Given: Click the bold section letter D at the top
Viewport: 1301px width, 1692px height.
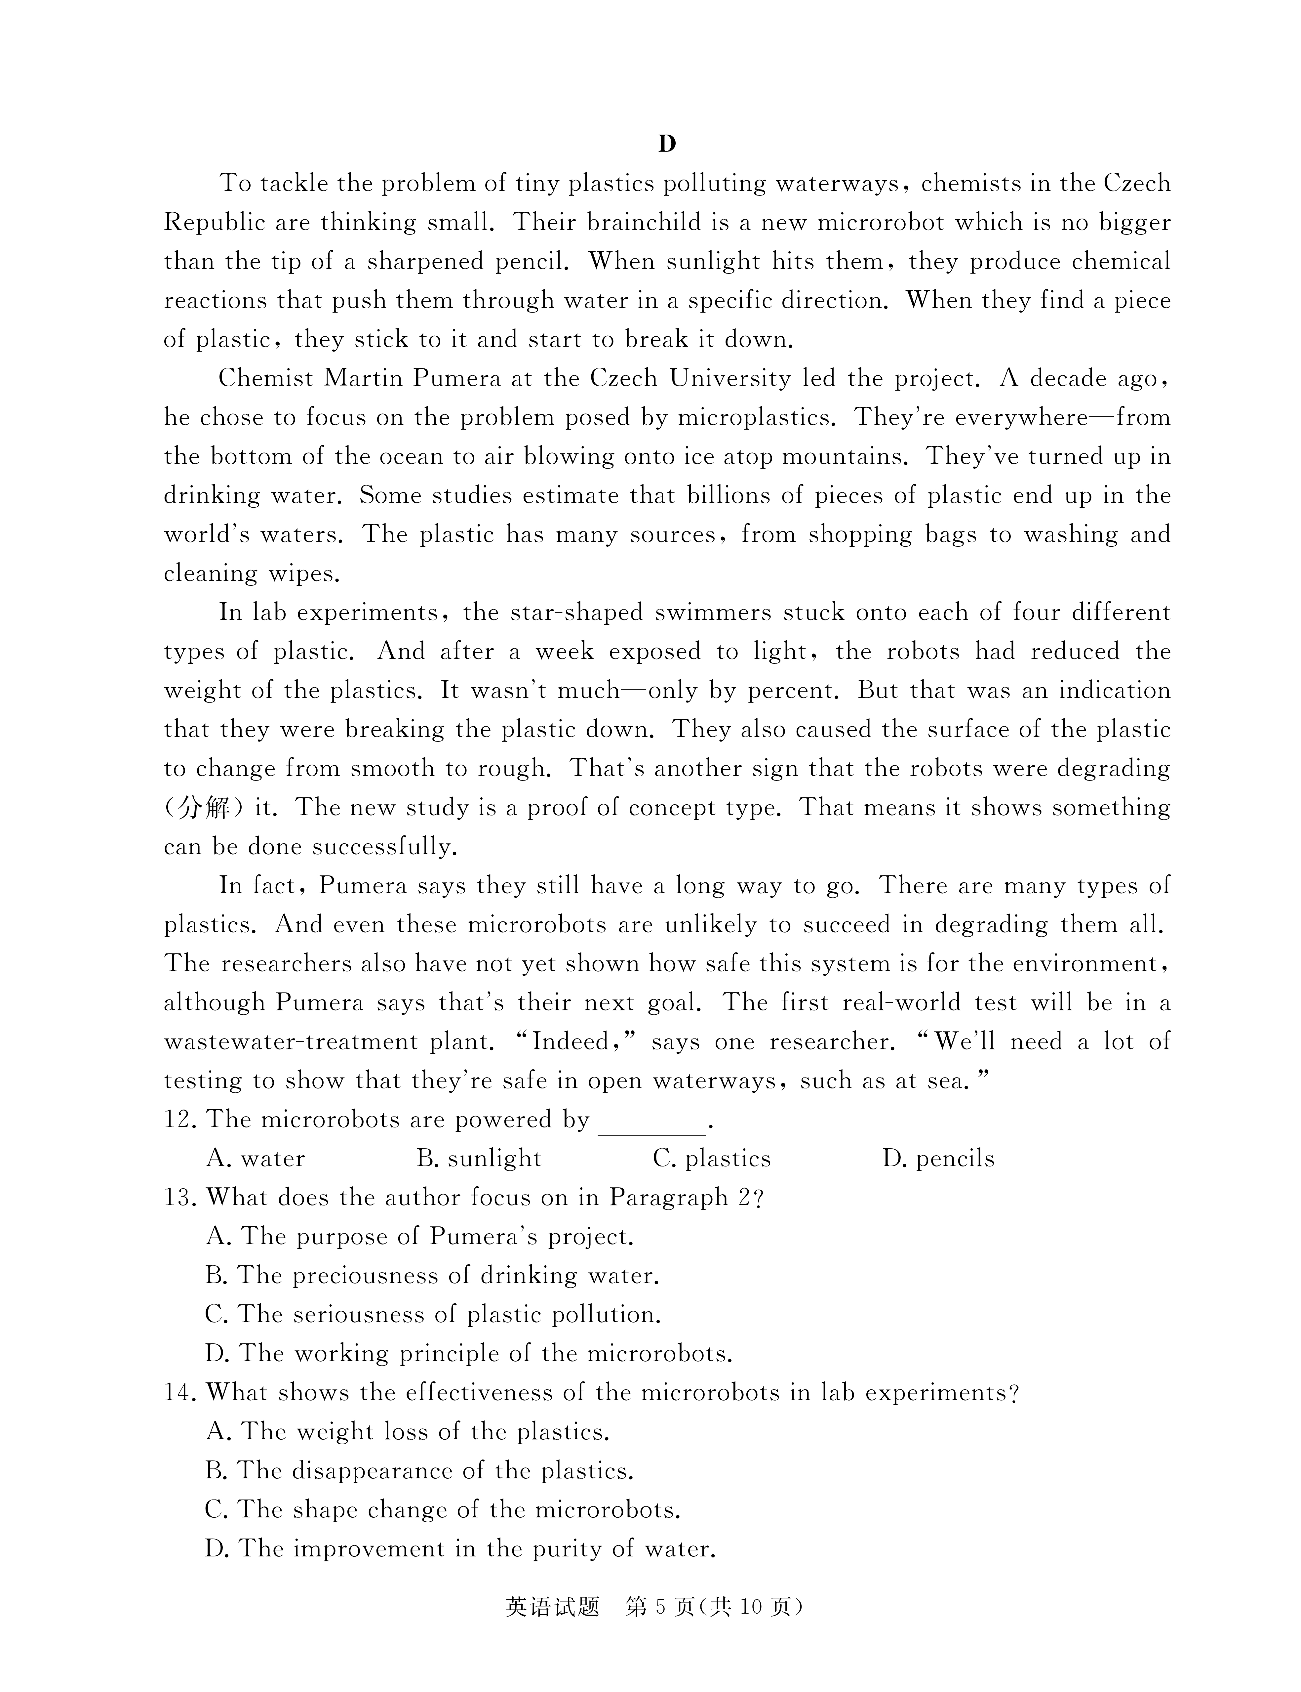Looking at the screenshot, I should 667,144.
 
